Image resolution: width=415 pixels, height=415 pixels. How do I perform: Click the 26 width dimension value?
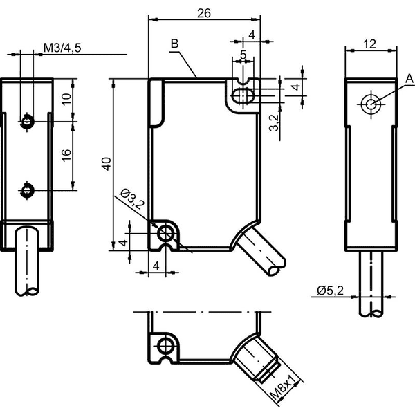point(204,13)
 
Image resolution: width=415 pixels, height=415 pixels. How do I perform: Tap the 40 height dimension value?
point(107,164)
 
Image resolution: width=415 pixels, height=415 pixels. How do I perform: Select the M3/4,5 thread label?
point(62,48)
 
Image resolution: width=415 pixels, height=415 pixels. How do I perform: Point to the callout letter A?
point(409,79)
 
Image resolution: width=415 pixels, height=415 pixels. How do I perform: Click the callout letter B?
point(175,44)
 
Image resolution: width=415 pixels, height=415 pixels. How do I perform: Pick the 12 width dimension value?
point(369,44)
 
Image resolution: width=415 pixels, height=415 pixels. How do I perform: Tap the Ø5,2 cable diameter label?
point(330,290)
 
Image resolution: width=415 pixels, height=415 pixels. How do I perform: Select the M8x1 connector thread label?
point(284,388)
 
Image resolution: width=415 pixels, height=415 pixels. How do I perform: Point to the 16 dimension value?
point(66,155)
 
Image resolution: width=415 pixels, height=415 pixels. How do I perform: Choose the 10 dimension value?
point(66,99)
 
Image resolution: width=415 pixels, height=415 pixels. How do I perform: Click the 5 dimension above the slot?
point(243,55)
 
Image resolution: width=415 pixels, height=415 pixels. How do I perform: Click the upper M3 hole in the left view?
point(27,122)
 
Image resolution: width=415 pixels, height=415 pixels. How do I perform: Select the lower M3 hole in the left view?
point(27,190)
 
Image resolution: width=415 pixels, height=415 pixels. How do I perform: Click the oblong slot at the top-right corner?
point(243,95)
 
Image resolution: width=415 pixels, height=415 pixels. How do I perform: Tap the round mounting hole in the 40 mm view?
point(166,233)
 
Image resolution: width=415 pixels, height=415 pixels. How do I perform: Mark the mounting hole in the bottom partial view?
point(166,346)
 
